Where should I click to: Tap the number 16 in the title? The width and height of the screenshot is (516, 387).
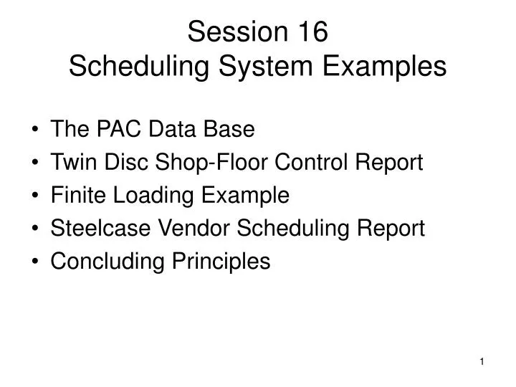309,32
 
